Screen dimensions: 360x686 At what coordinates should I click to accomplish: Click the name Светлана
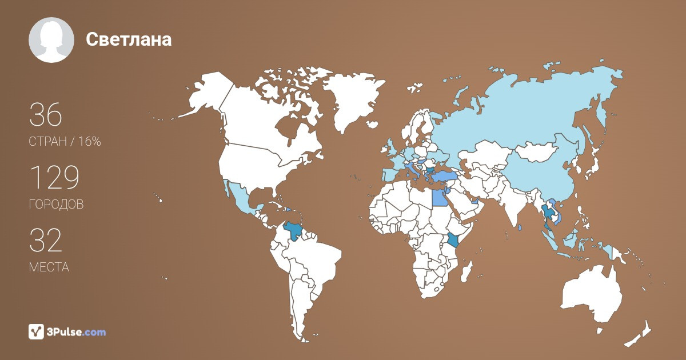(129, 39)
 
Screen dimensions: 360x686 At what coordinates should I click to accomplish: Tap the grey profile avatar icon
(51, 40)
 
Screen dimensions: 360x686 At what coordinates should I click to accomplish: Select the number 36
(46, 115)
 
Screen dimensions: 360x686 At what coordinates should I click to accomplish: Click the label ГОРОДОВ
(56, 205)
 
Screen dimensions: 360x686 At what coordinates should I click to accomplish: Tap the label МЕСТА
(49, 267)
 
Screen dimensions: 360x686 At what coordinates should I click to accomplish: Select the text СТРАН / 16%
(65, 142)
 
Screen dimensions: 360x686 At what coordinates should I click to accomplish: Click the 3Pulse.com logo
(67, 331)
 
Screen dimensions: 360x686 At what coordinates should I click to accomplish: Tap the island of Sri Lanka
(519, 227)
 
